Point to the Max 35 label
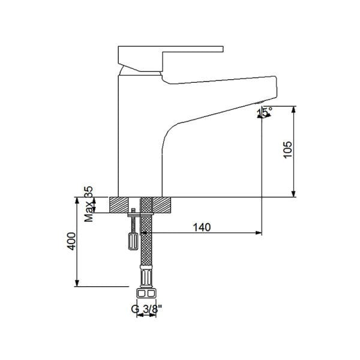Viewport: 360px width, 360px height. pos(89,204)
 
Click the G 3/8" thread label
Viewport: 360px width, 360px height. pos(146,310)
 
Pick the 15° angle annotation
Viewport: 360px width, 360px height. pos(265,112)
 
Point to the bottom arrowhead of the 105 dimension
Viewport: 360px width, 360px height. pos(295,193)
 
